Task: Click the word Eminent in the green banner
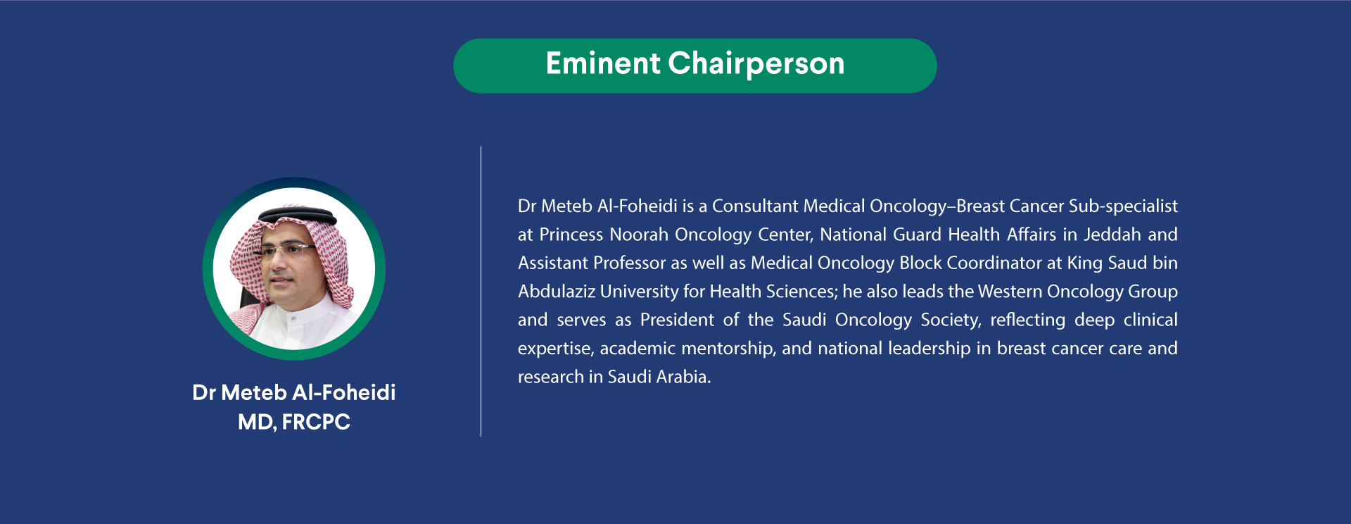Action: (x=603, y=63)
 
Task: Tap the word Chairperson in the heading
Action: (x=756, y=64)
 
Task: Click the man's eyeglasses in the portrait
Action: (x=288, y=249)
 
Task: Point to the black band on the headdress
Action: (x=296, y=216)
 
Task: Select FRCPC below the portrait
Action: (x=316, y=422)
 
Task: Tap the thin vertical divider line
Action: (x=481, y=292)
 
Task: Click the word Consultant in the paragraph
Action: (x=755, y=206)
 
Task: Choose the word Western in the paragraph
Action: (x=1010, y=292)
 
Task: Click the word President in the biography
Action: (x=677, y=320)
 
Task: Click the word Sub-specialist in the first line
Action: (x=1123, y=206)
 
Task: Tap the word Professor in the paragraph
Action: (x=629, y=263)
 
